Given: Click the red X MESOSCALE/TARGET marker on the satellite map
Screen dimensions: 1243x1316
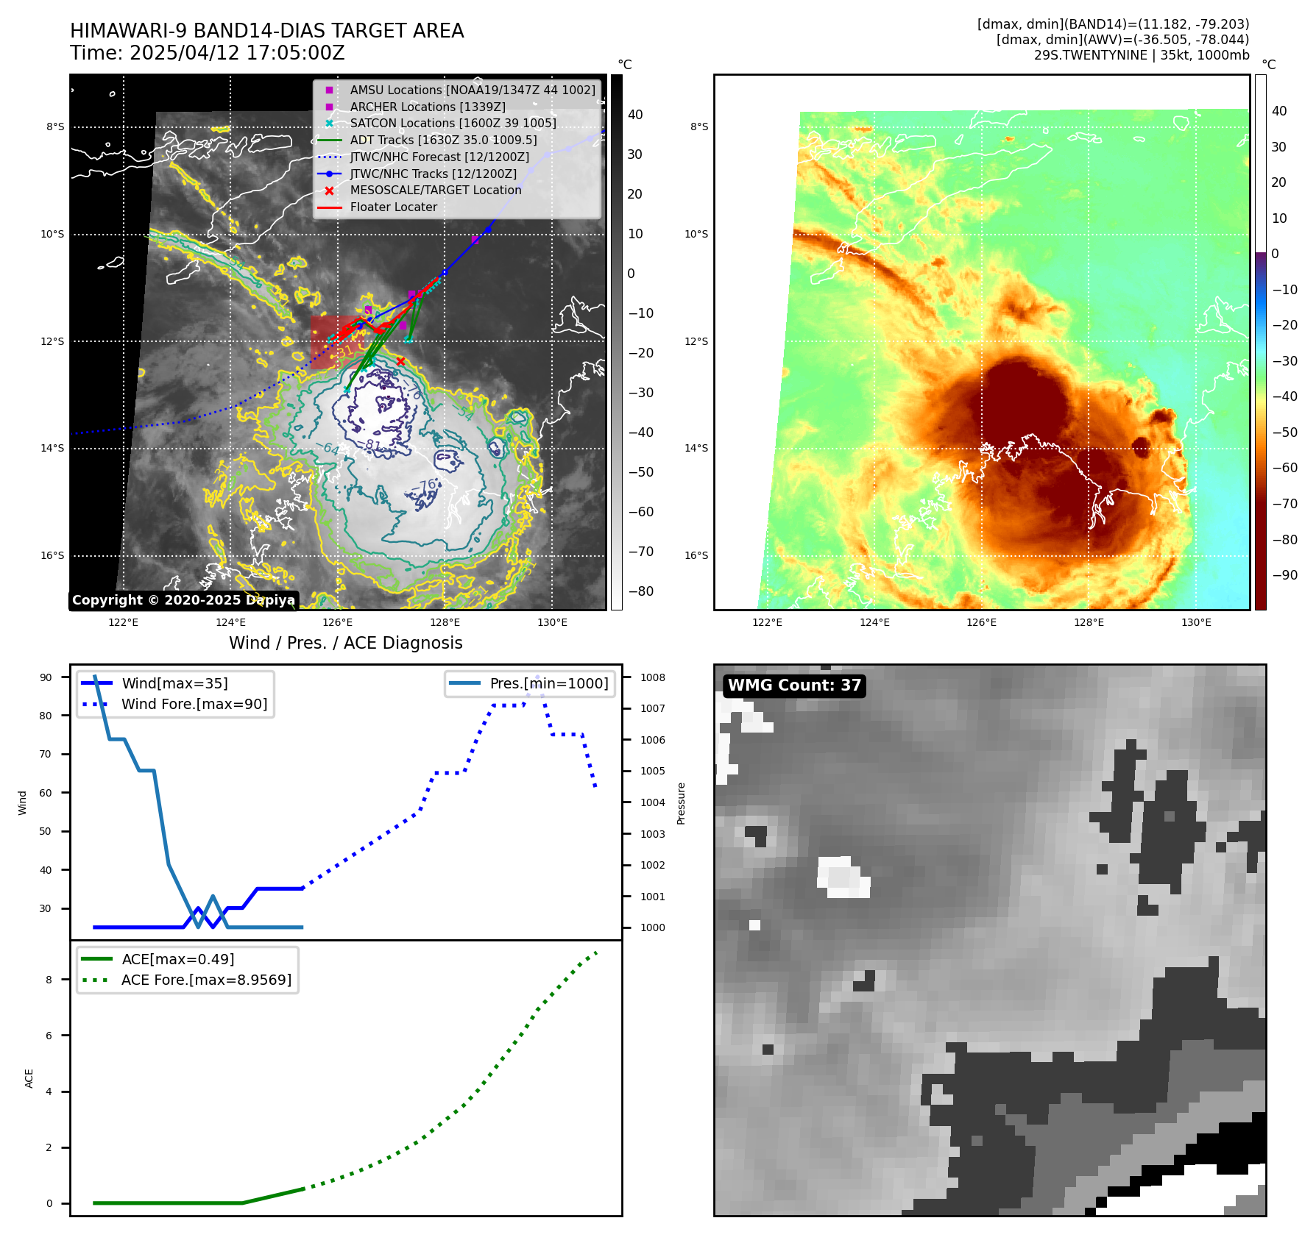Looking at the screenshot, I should coord(400,361).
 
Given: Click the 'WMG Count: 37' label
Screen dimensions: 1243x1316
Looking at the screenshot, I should coord(794,685).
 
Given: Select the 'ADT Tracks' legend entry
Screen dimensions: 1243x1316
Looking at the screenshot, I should coord(443,140).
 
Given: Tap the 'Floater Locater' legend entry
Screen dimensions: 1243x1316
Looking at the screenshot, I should coord(393,207).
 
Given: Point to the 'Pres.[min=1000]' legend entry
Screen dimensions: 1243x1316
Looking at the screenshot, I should coord(548,683).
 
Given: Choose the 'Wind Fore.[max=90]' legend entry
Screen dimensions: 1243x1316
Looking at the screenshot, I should coord(194,704).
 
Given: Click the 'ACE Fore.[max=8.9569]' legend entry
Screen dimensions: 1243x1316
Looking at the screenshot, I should coord(206,980).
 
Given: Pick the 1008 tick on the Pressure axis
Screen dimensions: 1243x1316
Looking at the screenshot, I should coord(652,677).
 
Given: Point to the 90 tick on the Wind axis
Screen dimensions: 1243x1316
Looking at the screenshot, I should coord(46,677).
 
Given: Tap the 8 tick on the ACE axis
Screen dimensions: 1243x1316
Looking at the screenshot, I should coord(49,980).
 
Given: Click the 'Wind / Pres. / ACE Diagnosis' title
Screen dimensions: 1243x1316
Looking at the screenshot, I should coord(346,643).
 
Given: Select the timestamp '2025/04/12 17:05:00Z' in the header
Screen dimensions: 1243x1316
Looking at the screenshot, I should coord(237,53).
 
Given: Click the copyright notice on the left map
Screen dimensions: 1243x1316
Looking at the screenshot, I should coord(183,600).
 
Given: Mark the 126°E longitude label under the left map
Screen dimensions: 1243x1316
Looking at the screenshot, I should coord(338,622).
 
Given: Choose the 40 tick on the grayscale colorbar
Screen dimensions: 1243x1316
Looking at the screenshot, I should coord(635,115).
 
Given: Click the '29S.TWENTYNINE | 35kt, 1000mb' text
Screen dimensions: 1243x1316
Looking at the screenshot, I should coord(1142,55).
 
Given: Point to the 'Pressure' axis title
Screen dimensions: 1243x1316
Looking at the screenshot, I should coord(681,803).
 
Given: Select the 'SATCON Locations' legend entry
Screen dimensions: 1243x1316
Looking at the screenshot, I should coord(453,123).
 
